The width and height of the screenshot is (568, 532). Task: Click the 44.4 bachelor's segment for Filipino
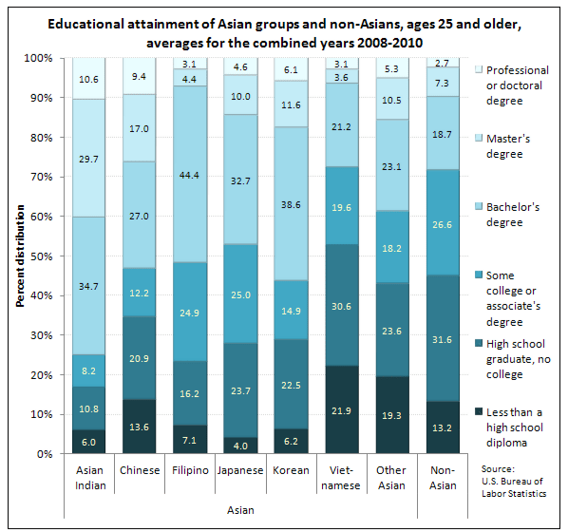(x=190, y=175)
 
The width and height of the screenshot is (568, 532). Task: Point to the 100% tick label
(x=36, y=58)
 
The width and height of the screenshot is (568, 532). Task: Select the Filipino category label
(x=190, y=471)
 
